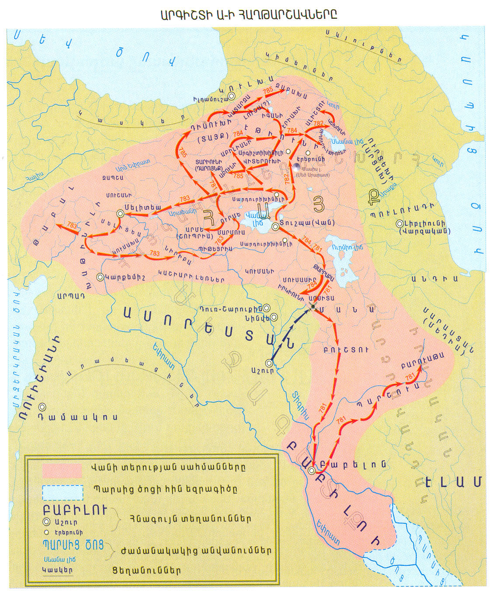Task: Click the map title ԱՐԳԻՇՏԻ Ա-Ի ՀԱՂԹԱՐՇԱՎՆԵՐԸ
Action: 248,14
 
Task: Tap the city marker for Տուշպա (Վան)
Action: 275,227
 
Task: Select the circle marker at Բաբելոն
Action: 311,471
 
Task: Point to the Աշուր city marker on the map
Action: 270,363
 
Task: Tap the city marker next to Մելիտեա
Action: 120,213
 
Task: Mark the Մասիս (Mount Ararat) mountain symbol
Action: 297,166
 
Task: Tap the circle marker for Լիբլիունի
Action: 399,224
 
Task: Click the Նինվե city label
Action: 257,318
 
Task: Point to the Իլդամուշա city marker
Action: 232,96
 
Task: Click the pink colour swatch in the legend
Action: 62,469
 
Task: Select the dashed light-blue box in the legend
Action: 63,492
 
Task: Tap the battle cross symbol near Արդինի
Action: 313,307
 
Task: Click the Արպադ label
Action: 70,296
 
